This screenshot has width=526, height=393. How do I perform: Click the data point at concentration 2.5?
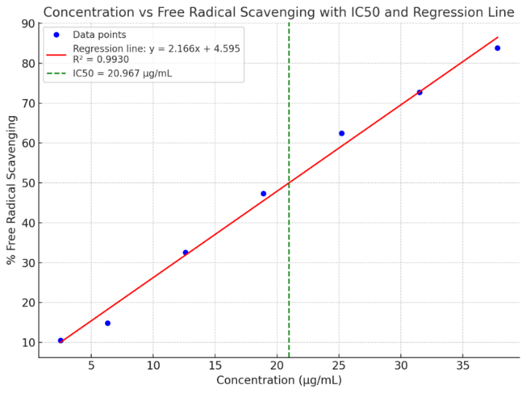tap(60, 341)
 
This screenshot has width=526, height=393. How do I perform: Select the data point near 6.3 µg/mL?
tap(108, 323)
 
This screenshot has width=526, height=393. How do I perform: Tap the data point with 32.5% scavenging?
tap(185, 252)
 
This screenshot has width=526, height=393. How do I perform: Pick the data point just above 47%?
tap(263, 194)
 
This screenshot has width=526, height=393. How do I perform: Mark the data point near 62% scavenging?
tap(341, 133)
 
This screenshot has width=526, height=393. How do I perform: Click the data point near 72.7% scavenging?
tap(419, 92)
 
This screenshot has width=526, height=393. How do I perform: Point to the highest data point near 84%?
tap(497, 48)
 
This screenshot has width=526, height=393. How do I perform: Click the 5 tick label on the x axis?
tap(91, 366)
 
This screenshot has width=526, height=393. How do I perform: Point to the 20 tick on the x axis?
tap(277, 366)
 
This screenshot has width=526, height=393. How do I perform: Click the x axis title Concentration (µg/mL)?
tap(278, 380)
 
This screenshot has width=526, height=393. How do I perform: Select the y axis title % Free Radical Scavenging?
tap(11, 189)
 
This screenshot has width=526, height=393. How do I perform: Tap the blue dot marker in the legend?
tap(56, 35)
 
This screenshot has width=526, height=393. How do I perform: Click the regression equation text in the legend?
tap(156, 48)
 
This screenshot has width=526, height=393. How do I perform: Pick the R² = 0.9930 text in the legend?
tap(101, 59)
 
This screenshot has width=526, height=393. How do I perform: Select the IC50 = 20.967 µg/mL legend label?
tap(122, 73)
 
